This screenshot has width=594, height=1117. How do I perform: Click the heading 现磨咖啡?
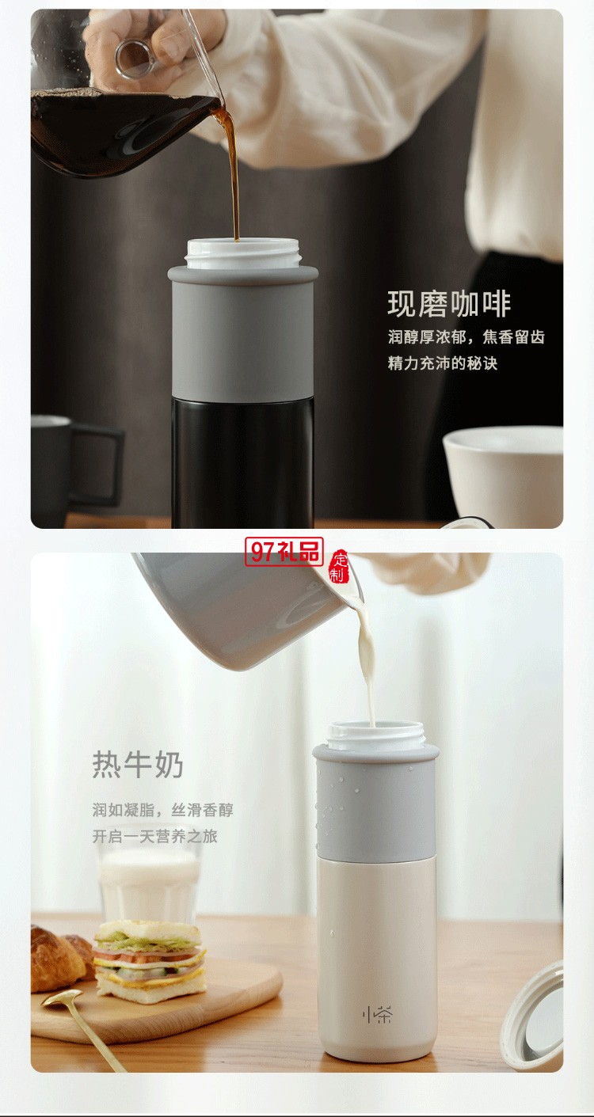click(449, 304)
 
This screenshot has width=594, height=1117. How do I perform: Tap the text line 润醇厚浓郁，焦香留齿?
click(466, 338)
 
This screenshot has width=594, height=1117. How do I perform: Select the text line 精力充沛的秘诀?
click(442, 364)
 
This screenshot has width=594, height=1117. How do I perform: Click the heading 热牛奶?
click(138, 766)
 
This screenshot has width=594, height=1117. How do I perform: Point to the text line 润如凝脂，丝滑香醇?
click(162, 810)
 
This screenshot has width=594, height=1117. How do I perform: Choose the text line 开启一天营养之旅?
click(154, 836)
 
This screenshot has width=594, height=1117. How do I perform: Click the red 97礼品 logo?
click(284, 552)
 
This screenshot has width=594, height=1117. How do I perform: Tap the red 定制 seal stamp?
click(338, 565)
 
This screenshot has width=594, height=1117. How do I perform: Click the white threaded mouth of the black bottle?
click(242, 253)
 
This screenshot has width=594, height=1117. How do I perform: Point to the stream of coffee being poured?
click(233, 174)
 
